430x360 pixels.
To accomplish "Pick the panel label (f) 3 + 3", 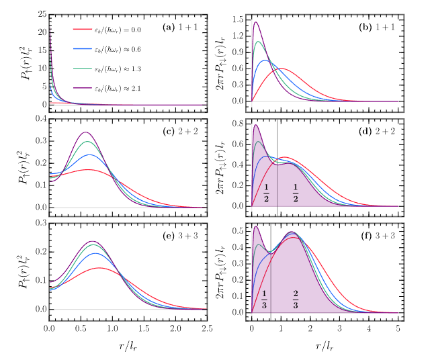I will [378, 230].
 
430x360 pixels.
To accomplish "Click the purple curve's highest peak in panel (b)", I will [256, 22].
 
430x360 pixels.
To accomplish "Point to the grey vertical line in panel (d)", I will [278, 168].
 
